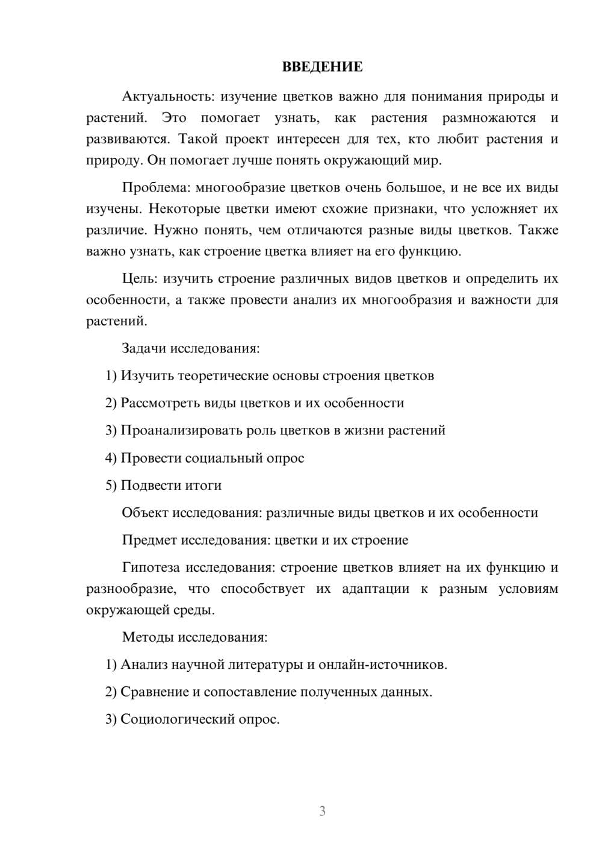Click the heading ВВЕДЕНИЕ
coord(322,67)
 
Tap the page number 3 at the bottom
coord(322,811)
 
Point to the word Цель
coord(140,278)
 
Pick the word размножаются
coord(488,117)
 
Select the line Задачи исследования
coord(191,348)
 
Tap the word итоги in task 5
coord(203,485)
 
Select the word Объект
coord(144,513)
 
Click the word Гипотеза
coord(150,568)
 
